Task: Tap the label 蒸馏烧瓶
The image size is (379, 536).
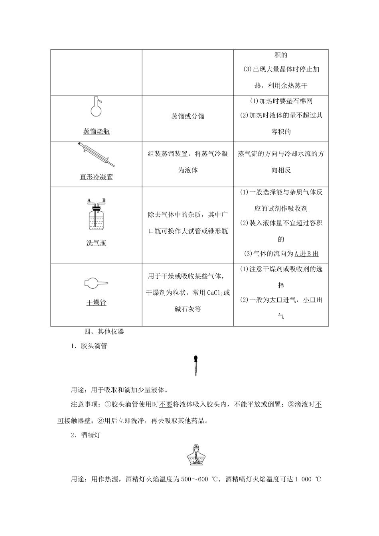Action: [96, 131]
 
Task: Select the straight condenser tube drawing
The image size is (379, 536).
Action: [96, 155]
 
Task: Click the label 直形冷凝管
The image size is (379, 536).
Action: [96, 177]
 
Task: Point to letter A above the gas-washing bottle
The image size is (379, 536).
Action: [89, 200]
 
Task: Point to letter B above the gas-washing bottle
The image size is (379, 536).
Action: [104, 200]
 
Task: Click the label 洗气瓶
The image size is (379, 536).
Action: [96, 243]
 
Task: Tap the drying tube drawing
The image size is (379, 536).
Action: [96, 283]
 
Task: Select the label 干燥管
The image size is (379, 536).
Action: [96, 303]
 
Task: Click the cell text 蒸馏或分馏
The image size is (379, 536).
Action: [188, 116]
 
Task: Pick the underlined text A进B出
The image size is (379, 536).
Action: [306, 254]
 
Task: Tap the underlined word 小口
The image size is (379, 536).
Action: [309, 300]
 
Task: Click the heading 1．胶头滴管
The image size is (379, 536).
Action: [89, 346]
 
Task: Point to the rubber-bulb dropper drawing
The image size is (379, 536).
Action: [195, 365]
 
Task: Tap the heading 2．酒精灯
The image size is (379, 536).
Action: [85, 436]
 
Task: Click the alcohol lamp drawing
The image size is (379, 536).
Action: [195, 455]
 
